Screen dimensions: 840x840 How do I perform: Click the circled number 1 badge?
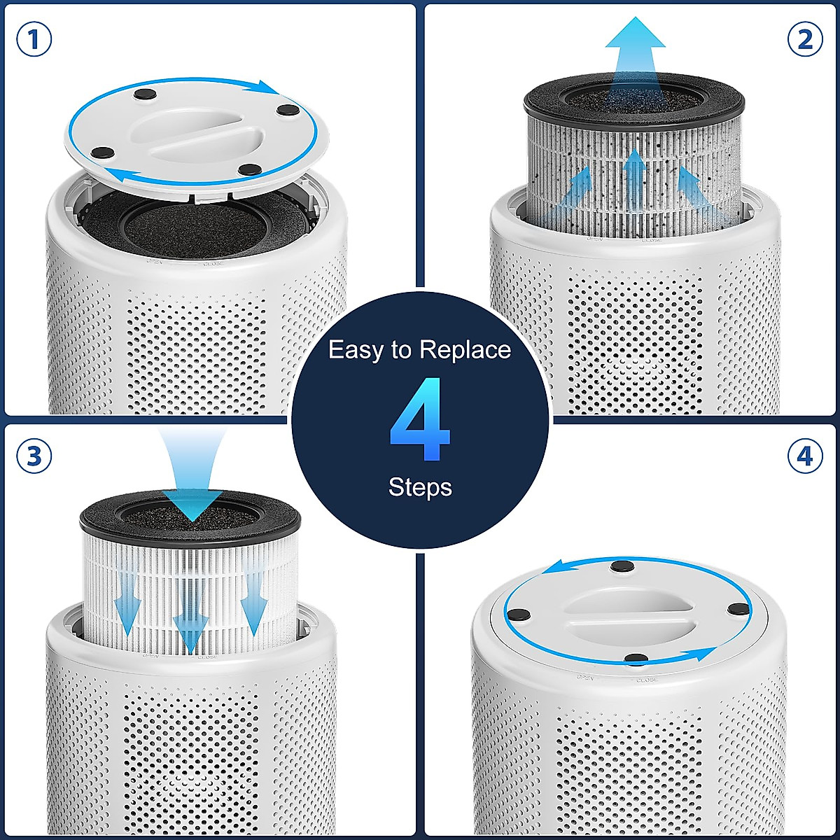(34, 41)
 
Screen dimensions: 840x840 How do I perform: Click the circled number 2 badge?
(805, 40)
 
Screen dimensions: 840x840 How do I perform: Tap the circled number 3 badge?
(34, 456)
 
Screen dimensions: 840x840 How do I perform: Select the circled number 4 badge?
(805, 456)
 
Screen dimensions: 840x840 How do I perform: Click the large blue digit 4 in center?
(420, 420)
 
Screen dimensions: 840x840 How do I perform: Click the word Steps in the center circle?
(420, 487)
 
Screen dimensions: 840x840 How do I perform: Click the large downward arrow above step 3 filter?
(192, 476)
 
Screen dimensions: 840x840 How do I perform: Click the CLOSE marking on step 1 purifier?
(213, 265)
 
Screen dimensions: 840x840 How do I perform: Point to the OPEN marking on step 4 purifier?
(585, 678)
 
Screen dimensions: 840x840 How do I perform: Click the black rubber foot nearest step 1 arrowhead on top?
(287, 109)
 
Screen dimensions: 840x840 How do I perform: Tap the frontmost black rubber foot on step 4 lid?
(636, 659)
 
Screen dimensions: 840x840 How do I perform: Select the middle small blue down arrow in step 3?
(190, 616)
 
